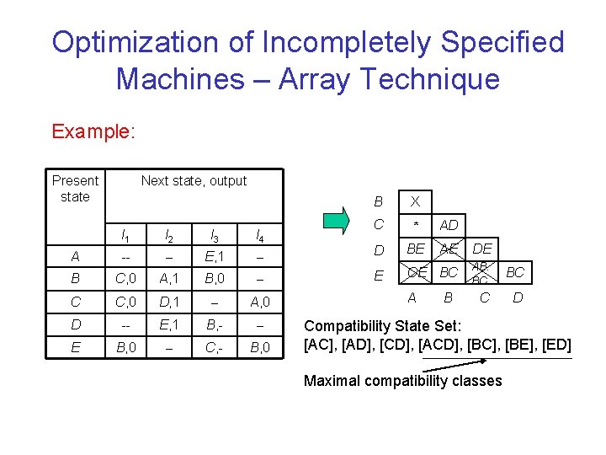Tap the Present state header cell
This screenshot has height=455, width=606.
(75, 188)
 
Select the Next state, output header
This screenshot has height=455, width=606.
(194, 180)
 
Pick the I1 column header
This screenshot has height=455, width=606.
(125, 235)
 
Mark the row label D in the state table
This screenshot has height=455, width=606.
(77, 323)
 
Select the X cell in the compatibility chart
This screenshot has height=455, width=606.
(415, 202)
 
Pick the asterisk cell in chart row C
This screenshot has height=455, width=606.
(415, 225)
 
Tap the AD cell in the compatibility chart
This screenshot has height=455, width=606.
(449, 225)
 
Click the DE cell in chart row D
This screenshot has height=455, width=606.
(482, 249)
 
